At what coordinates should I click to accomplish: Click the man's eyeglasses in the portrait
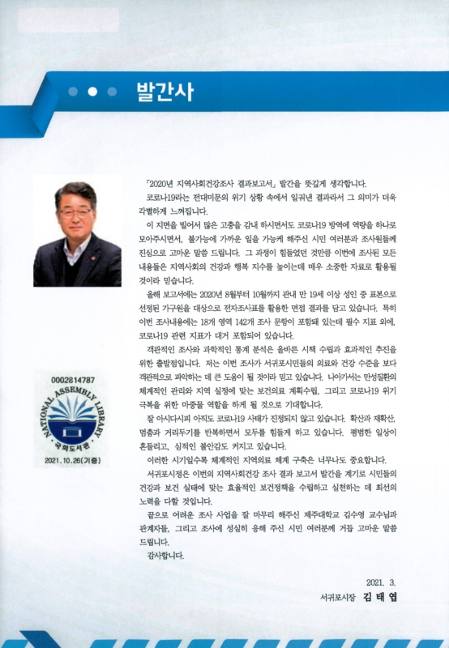(74, 212)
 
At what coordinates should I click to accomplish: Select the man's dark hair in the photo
(74, 192)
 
